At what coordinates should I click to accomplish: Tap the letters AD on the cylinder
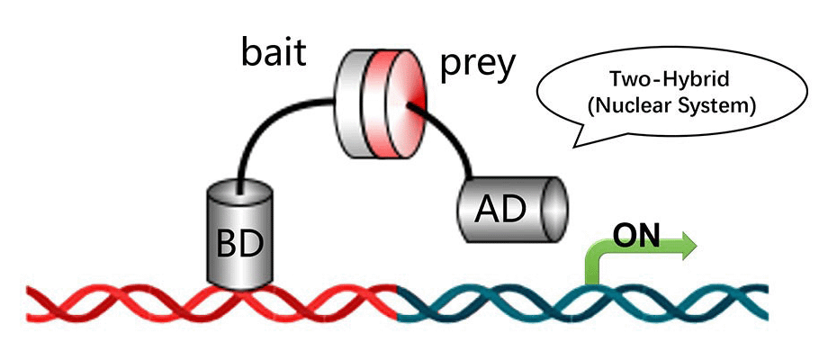coord(503,210)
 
